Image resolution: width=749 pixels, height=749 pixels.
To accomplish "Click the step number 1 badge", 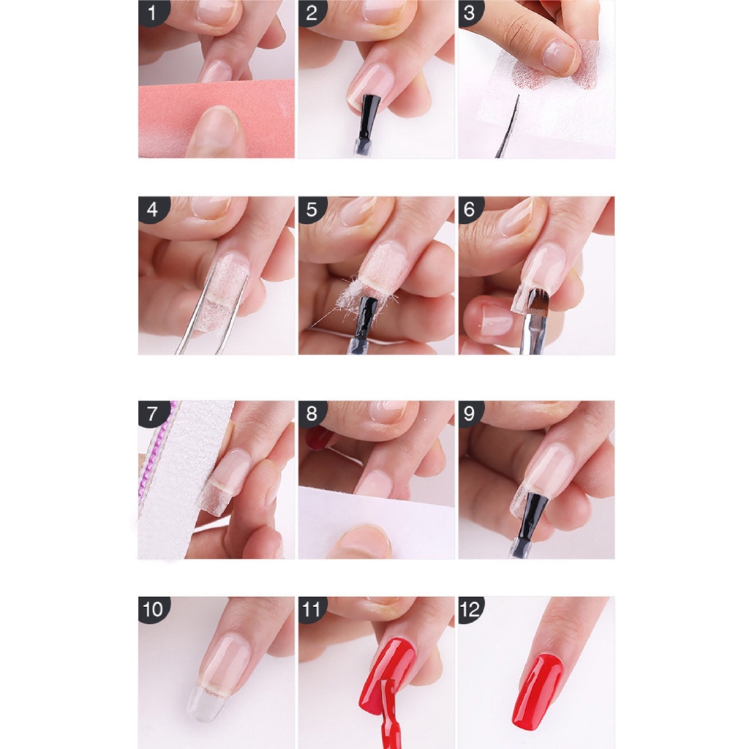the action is tap(153, 13).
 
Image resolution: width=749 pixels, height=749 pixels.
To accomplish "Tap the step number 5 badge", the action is tap(312, 210).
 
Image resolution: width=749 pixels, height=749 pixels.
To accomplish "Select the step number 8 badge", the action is tap(312, 413).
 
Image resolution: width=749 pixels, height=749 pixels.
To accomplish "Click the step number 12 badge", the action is tap(470, 609).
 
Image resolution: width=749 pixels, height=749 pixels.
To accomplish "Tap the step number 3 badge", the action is tap(470, 13).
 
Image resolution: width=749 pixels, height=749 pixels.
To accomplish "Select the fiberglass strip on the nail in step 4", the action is tap(224, 296).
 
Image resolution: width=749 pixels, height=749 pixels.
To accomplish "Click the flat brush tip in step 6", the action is tap(538, 303).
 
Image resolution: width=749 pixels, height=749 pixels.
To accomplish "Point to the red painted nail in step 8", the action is tap(317, 438).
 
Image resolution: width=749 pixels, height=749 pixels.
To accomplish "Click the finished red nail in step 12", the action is tap(537, 691).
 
